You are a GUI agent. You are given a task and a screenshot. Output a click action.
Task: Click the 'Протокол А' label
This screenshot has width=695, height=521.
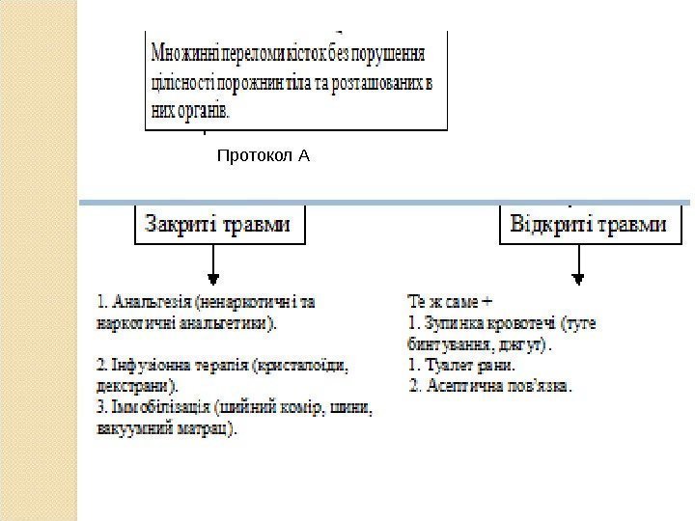click(263, 154)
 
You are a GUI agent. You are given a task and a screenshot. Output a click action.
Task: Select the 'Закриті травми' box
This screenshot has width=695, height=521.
click(217, 226)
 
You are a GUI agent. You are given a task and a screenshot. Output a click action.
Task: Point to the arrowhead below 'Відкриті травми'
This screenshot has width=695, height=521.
click(578, 278)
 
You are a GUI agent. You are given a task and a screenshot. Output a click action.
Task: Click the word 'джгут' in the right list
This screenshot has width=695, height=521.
click(525, 343)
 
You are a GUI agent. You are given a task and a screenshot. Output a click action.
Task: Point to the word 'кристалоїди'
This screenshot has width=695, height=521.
click(300, 367)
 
